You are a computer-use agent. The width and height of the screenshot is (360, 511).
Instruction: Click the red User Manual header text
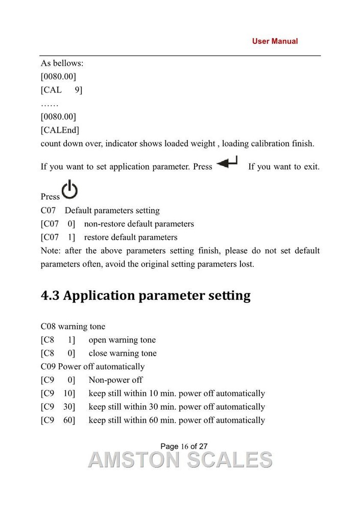coord(275,41)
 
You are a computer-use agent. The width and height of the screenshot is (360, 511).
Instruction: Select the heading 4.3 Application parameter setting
coord(146,296)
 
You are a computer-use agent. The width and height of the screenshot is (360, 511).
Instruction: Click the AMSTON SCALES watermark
coord(180,459)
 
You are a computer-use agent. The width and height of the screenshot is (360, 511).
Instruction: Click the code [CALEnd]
coord(60,130)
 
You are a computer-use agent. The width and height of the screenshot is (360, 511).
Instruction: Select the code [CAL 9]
coord(61,90)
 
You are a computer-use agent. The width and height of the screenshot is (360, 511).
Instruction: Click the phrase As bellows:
coord(62,64)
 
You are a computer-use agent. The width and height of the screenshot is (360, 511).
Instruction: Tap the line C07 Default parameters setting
coord(100,211)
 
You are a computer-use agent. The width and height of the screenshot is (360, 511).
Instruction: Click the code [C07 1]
coord(58,237)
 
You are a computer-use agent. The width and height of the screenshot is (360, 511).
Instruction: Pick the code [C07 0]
coord(58,224)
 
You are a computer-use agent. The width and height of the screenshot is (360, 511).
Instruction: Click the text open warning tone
coord(122,340)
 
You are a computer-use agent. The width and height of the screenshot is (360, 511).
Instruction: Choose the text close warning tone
coord(123,353)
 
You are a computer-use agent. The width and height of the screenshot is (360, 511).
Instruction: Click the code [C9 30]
coord(58,407)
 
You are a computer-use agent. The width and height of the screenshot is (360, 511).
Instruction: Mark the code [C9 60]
coord(58,420)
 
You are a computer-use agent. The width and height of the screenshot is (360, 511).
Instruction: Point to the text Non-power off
coord(115,380)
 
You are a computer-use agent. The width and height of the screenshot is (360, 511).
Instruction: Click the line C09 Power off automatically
coord(92,366)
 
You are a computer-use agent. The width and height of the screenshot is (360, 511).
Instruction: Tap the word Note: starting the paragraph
coord(51,251)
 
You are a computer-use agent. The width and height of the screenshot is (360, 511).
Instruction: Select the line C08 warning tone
coord(73,326)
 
